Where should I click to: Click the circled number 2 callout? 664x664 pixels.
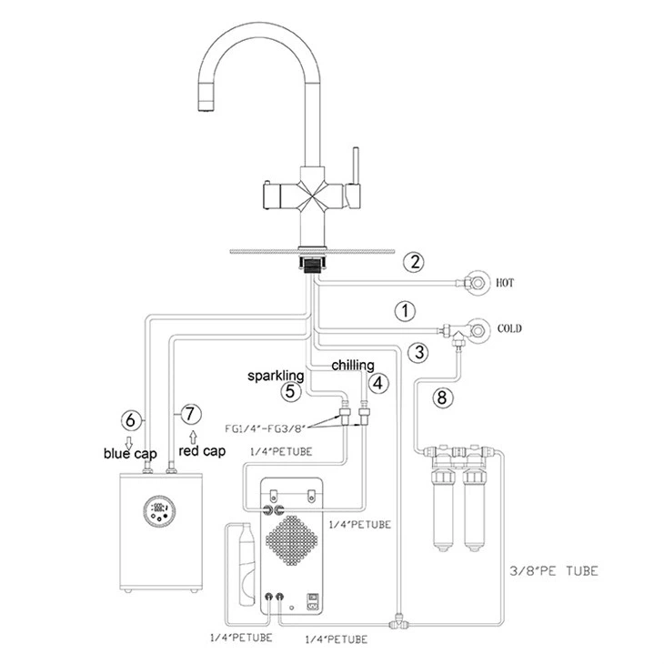pyautogui.click(x=415, y=263)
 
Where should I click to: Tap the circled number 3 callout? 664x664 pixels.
pyautogui.click(x=418, y=351)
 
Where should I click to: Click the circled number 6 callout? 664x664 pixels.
pyautogui.click(x=131, y=420)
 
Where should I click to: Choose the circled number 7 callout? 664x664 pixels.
pyautogui.click(x=189, y=414)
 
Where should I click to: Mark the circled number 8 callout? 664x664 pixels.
pyautogui.click(x=442, y=396)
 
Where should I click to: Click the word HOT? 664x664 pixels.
pyautogui.click(x=506, y=284)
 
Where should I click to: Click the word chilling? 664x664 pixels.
pyautogui.click(x=352, y=365)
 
